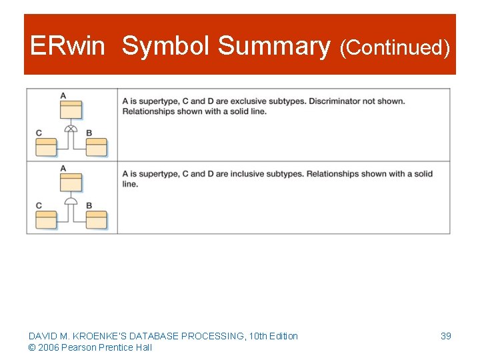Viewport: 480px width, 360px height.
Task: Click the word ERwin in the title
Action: (67, 47)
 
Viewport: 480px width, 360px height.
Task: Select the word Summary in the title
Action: (274, 47)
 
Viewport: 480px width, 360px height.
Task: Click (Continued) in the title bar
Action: (395, 48)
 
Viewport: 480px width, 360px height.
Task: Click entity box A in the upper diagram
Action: (71, 110)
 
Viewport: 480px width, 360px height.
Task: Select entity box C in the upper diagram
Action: (46, 147)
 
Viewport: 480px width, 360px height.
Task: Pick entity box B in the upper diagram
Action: (97, 147)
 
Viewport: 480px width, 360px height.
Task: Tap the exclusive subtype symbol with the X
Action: (71, 128)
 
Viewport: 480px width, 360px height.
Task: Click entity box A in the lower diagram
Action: (71, 182)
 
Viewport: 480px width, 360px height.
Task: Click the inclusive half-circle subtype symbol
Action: (71, 200)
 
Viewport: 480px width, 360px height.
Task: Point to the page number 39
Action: (446, 336)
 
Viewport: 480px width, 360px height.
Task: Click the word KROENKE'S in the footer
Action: (93, 336)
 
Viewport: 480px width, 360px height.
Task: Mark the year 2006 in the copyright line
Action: (48, 347)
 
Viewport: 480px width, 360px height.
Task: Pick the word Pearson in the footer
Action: (77, 347)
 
